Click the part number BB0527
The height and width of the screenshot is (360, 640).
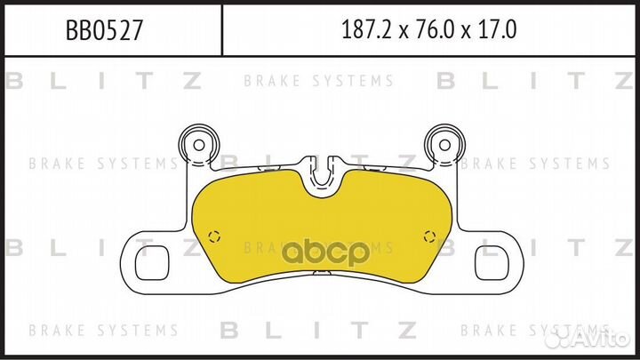tap(105, 30)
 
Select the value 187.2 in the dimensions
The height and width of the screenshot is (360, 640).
tap(365, 30)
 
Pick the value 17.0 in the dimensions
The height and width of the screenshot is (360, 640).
tap(498, 30)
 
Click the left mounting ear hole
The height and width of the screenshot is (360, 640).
tap(199, 145)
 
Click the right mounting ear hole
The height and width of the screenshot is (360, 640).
tap(444, 145)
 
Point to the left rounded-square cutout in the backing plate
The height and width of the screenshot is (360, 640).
tap(152, 262)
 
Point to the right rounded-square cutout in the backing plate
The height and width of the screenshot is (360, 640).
tap(492, 262)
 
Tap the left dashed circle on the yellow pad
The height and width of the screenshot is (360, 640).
tap(214, 236)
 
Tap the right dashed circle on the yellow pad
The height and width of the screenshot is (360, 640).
tap(429, 236)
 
